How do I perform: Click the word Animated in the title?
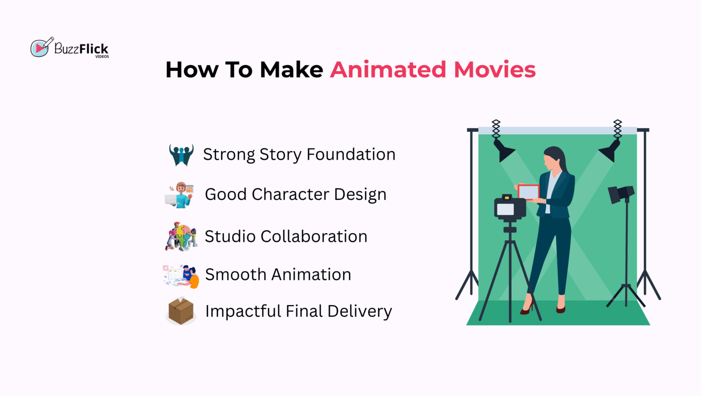tap(388, 70)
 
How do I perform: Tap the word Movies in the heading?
tap(495, 70)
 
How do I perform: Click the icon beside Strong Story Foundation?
tap(181, 155)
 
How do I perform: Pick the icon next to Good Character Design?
tap(180, 195)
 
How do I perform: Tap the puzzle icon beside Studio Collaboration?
tap(181, 236)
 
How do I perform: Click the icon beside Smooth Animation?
tap(182, 276)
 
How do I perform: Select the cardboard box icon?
tap(181, 311)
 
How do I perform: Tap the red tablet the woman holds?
tap(528, 192)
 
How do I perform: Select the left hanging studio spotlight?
tap(503, 151)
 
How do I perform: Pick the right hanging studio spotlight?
tap(610, 151)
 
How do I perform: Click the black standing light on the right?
tap(621, 194)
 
